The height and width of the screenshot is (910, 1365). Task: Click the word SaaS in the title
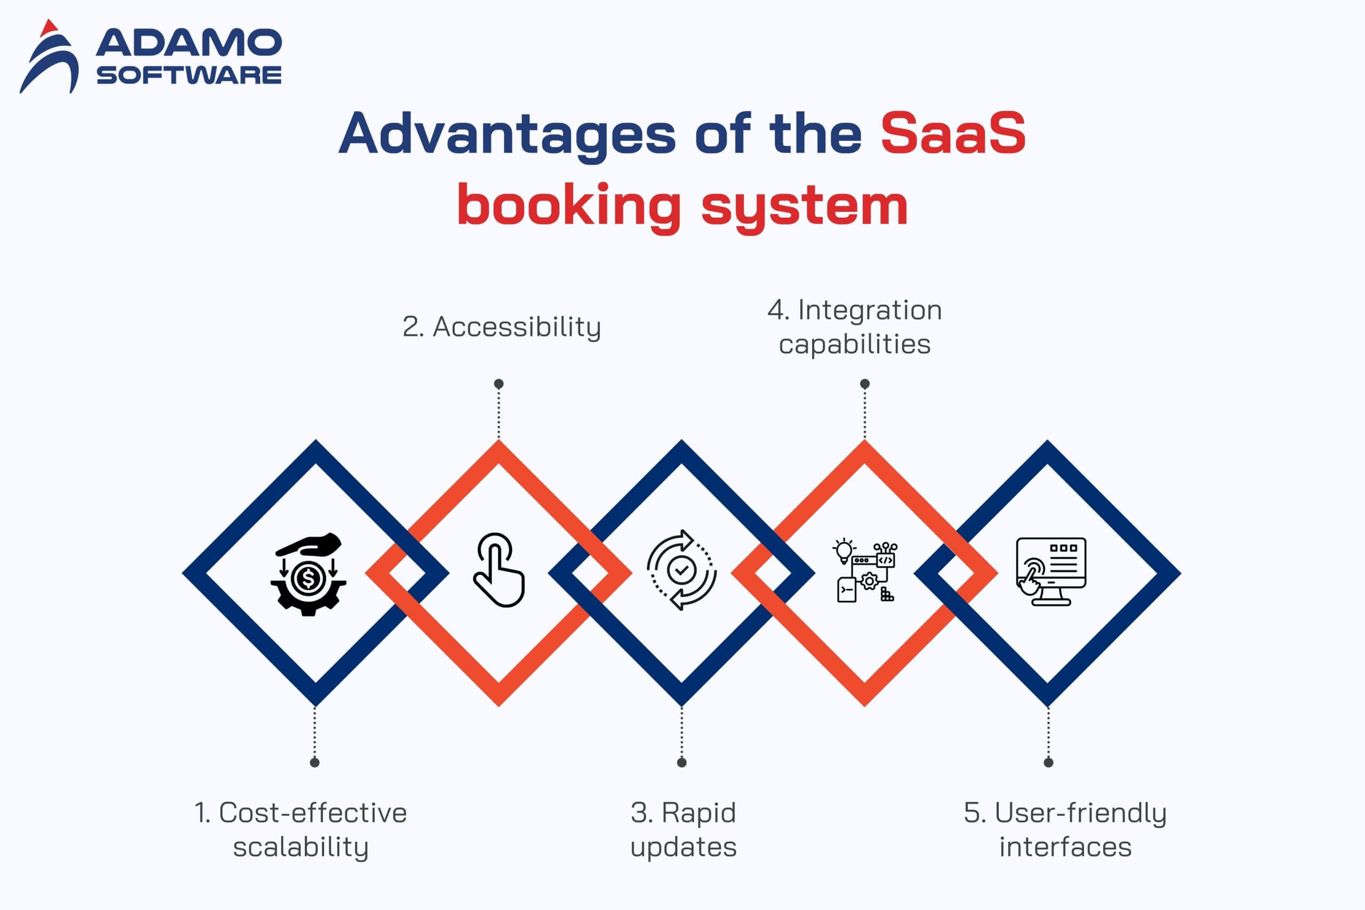click(953, 133)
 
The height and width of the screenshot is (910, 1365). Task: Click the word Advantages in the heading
click(507, 134)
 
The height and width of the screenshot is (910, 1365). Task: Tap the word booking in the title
click(568, 205)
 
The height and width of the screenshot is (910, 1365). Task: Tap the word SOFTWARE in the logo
click(189, 75)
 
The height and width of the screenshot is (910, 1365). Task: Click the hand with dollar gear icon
click(308, 574)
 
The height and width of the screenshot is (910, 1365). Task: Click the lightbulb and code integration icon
click(864, 571)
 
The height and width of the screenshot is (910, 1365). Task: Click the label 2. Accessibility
click(501, 327)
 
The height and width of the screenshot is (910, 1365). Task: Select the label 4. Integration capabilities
click(855, 327)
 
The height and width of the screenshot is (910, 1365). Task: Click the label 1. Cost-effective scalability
click(301, 829)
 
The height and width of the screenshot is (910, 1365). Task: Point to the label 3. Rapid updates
click(683, 829)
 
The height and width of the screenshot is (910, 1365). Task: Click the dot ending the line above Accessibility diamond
click(499, 384)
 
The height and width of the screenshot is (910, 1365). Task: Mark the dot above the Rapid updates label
click(681, 763)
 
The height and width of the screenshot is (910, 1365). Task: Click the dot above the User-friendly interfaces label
click(1048, 763)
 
